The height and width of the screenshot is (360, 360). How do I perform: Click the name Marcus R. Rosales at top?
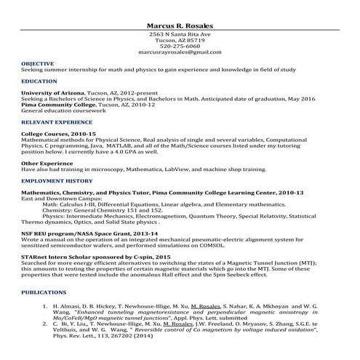(x=180, y=26)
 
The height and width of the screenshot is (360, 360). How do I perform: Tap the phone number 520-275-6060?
(x=180, y=47)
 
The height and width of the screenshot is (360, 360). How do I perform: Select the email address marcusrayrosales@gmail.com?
(x=180, y=52)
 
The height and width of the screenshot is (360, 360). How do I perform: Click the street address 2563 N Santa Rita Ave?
(x=180, y=34)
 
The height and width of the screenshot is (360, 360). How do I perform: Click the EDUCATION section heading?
(x=39, y=81)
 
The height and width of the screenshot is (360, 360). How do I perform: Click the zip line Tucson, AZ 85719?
(x=180, y=41)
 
